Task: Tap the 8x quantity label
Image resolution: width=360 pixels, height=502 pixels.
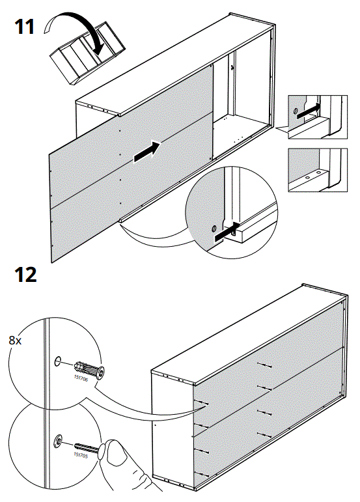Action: (x=15, y=340)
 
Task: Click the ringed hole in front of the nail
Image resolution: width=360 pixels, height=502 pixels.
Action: (x=59, y=441)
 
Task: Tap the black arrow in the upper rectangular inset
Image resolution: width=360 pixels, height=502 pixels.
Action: (x=311, y=108)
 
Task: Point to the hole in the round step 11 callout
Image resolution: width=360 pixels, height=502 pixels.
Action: (x=212, y=229)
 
